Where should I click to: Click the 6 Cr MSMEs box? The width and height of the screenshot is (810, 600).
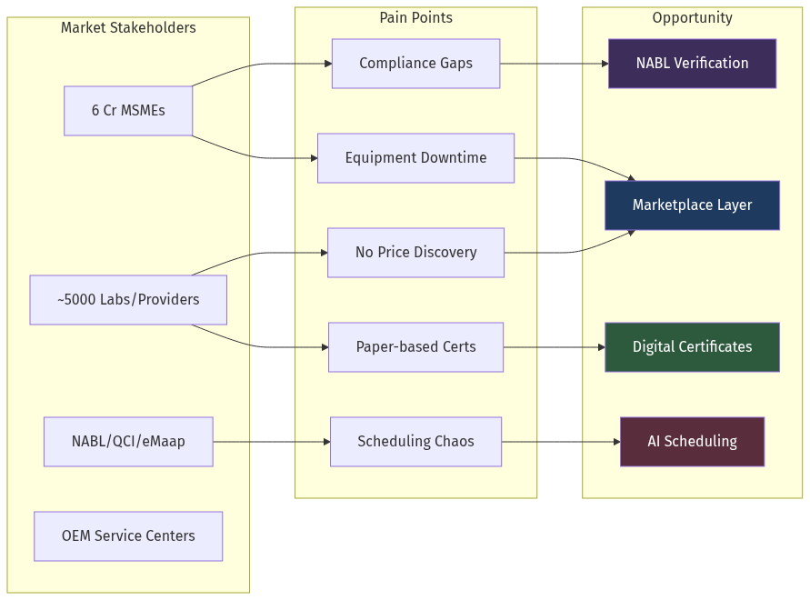point(128,111)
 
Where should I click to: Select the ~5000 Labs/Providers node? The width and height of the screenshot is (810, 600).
point(128,300)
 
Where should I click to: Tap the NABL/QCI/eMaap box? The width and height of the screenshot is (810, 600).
point(128,442)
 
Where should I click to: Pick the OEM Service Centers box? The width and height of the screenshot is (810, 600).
point(128,536)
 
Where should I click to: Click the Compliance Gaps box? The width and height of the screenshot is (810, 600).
point(415,64)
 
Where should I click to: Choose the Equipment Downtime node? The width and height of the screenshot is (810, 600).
point(415,158)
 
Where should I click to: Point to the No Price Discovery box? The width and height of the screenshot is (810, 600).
point(415,253)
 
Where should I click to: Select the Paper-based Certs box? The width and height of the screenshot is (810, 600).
point(415,347)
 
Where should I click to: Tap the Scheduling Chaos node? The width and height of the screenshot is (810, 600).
point(415,442)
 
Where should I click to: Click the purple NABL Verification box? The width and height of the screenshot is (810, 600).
point(692,64)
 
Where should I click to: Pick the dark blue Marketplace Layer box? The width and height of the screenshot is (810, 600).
point(692,205)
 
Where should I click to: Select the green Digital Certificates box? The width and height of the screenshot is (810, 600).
point(692,347)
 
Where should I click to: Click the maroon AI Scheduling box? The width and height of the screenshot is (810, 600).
point(692,442)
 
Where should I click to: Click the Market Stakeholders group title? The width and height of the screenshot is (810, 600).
point(128,28)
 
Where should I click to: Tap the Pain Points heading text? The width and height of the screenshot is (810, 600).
point(415,18)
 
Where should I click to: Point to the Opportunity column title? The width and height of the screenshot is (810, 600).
point(692,18)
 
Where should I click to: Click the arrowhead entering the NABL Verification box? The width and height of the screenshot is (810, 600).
point(604,64)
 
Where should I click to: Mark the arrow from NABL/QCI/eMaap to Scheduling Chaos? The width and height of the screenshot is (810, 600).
point(271,442)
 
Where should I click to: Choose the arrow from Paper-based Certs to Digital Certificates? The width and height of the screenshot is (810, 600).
point(553,347)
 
